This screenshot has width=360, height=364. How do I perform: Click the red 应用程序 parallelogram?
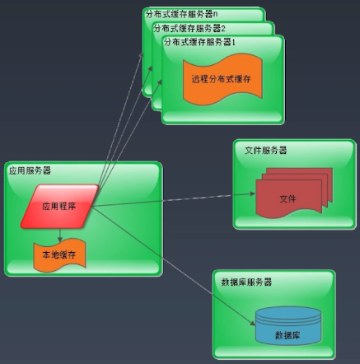tap(59, 206)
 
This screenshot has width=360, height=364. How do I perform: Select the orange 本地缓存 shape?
tap(59, 255)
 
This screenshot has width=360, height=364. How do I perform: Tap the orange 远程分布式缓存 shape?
tap(222, 79)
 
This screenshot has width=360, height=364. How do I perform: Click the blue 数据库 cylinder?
tap(288, 325)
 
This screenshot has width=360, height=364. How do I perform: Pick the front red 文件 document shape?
tap(288, 198)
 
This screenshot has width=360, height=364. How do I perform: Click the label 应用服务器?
tap(30, 170)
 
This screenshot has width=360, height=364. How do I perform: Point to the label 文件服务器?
tap(266, 150)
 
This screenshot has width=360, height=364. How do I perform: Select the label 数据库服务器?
tap(246, 282)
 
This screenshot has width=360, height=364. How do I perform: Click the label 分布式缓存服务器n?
tap(181, 14)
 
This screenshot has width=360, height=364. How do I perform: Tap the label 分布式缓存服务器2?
tap(189, 28)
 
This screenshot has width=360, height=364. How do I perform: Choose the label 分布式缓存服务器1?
tap(199, 42)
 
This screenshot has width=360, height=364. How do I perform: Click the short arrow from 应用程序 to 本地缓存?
tap(59, 236)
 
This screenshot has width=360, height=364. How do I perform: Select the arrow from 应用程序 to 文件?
tap(174, 199)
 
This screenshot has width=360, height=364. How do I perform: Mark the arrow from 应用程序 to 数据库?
tap(174, 266)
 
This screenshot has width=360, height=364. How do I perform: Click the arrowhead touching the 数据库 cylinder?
tap(253, 324)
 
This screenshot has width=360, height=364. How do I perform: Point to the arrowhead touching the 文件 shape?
tap(252, 194)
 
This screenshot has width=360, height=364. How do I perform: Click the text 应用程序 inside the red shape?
tap(59, 206)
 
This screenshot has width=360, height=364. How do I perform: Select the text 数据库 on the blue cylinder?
tap(288, 335)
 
